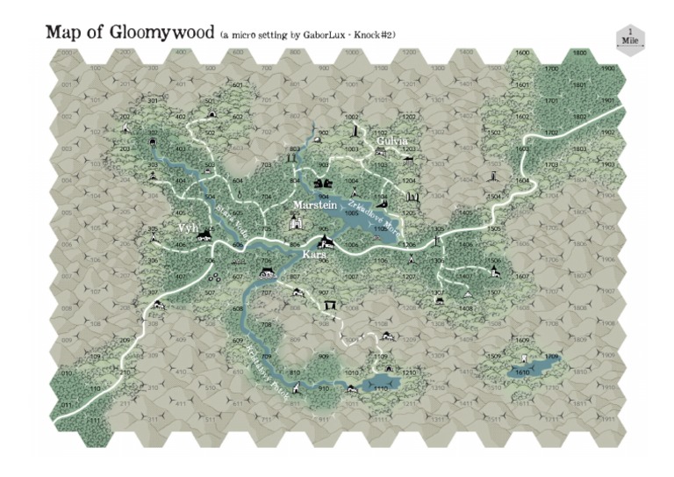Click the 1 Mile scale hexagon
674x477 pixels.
point(630,39)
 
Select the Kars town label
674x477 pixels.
point(313,254)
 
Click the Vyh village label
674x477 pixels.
point(185,227)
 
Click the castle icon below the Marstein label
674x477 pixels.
point(296,224)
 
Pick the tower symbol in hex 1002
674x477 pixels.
point(354,132)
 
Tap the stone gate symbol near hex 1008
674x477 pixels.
point(331,305)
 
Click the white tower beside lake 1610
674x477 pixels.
point(524,359)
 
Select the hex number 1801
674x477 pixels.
point(579,85)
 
